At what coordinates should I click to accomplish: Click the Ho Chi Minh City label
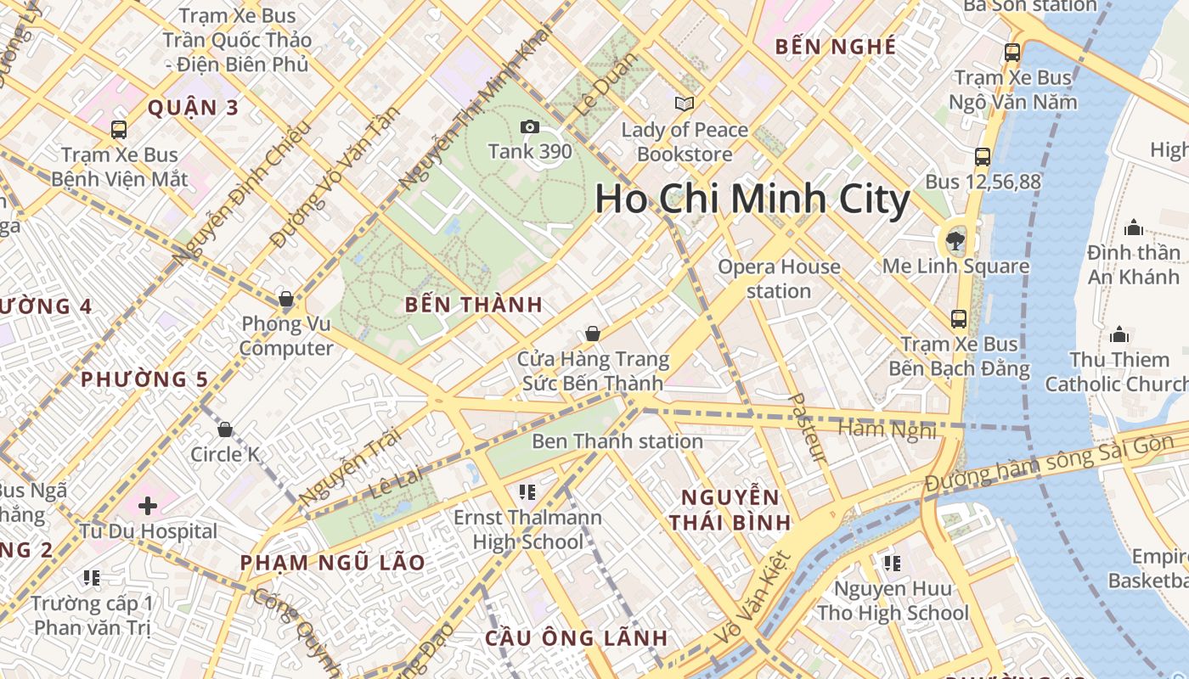[752, 199]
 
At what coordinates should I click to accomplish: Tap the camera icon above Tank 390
[530, 127]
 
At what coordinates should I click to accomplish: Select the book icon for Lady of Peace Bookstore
[684, 104]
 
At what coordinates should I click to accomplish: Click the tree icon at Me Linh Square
[955, 240]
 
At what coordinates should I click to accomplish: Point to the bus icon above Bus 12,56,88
[983, 157]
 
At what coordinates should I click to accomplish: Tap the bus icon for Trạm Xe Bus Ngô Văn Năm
[1011, 53]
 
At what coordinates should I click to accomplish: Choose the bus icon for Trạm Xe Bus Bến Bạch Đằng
[959, 319]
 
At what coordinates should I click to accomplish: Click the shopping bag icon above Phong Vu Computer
[286, 299]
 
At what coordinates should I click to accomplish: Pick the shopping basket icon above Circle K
[225, 429]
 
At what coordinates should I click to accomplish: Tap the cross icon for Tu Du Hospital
[148, 507]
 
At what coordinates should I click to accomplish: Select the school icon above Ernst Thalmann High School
[527, 492]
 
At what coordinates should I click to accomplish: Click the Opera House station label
[779, 278]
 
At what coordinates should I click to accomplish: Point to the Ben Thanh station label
[617, 441]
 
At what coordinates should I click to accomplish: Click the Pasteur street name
[806, 428]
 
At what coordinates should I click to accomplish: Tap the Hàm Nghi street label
[887, 430]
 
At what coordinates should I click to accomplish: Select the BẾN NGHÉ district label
[836, 47]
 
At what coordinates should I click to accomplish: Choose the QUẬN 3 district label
[193, 108]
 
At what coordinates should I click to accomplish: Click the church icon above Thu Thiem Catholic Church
[1119, 334]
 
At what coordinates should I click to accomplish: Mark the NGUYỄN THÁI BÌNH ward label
[730, 509]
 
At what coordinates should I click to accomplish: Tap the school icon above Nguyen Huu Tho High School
[892, 563]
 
